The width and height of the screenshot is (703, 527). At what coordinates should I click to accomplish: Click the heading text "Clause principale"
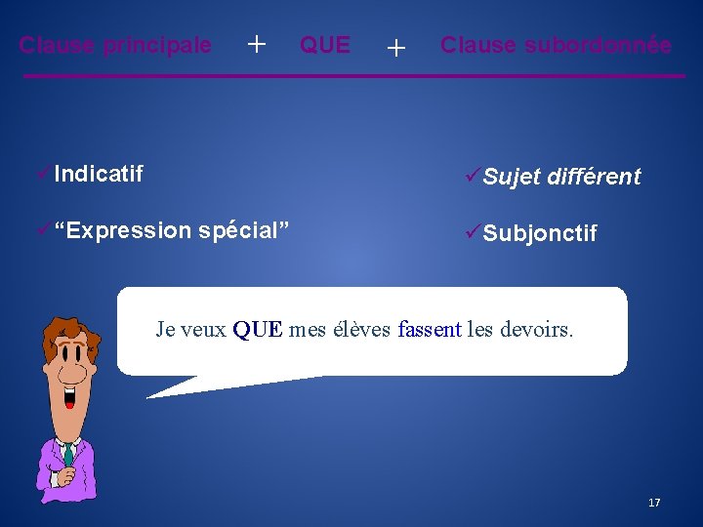click(115, 46)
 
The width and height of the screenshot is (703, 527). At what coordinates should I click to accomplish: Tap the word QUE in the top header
click(324, 46)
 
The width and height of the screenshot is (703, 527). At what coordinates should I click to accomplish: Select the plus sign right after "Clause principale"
click(257, 44)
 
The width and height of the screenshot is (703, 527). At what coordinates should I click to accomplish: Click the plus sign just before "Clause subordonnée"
click(395, 47)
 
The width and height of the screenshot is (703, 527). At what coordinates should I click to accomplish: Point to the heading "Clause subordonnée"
click(556, 46)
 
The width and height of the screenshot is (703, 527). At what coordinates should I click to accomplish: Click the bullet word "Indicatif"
click(99, 175)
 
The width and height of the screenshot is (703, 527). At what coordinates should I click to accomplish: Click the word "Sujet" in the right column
click(512, 178)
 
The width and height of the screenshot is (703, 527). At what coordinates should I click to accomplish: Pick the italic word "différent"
click(594, 178)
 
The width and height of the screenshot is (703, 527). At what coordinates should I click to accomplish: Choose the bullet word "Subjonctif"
click(539, 234)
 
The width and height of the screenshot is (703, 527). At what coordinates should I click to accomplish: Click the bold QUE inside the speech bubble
click(258, 330)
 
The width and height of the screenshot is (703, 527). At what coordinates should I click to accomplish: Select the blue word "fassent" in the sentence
click(430, 330)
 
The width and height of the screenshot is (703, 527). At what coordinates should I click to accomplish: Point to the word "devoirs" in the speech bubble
click(536, 330)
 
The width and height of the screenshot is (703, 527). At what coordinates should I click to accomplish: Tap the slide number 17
click(654, 503)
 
